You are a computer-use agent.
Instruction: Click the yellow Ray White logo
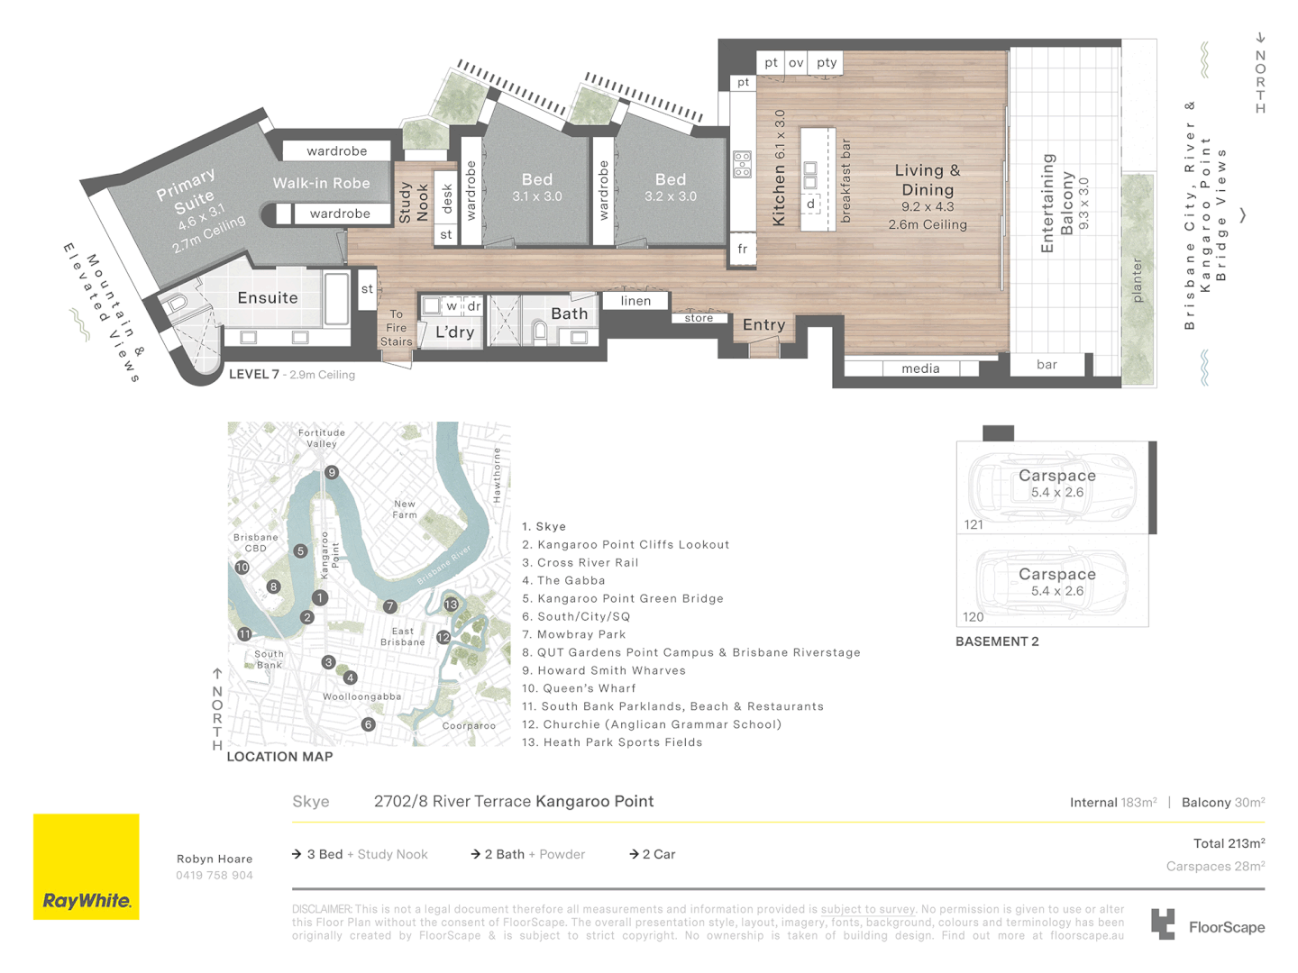click(x=87, y=866)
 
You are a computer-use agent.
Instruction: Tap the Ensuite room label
click(x=268, y=297)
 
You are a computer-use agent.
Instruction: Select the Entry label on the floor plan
click(x=764, y=325)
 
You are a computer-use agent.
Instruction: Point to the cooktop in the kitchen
click(x=742, y=165)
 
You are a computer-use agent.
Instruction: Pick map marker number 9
click(x=332, y=473)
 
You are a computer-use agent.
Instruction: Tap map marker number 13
click(x=452, y=605)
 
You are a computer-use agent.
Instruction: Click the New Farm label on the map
click(x=405, y=509)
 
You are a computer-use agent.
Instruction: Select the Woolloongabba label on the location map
click(x=361, y=696)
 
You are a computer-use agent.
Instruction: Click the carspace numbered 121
click(x=1053, y=488)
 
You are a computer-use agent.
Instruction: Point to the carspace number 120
click(x=973, y=617)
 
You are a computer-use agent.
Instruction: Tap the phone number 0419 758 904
click(x=214, y=876)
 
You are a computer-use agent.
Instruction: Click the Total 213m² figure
click(x=1229, y=843)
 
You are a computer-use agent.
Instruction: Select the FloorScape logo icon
click(x=1163, y=924)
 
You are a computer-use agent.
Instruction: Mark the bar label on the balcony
click(x=1047, y=365)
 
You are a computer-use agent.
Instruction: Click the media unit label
click(x=920, y=368)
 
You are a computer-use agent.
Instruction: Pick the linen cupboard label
click(x=635, y=301)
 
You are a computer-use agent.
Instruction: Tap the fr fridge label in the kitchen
click(x=742, y=249)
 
